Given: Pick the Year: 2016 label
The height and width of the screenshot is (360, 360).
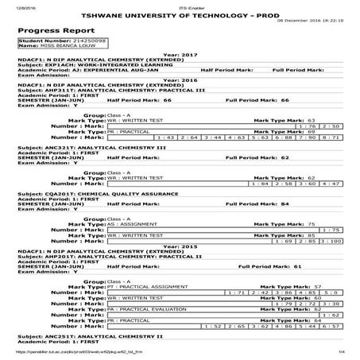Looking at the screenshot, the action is coord(180,80).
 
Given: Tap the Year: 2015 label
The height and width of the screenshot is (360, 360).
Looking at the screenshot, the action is coord(180,246).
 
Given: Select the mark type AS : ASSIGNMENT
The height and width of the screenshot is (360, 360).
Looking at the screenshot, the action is coord(127,225).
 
